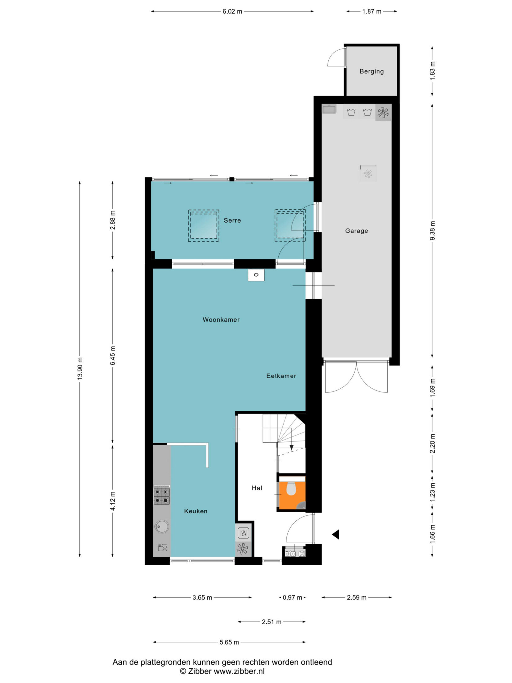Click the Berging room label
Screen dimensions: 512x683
click(371, 71)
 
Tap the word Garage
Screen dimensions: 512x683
click(357, 231)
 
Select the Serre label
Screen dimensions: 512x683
click(232, 220)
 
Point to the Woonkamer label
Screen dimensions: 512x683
click(221, 319)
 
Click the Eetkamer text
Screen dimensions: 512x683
click(281, 376)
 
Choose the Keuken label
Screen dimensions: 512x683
click(195, 511)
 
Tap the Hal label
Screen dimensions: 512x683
click(257, 488)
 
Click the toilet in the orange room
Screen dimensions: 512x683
click(291, 489)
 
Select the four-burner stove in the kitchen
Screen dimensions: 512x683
click(162, 496)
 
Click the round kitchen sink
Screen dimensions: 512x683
click(162, 527)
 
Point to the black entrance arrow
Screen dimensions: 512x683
click(335, 535)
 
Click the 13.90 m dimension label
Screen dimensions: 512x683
click(80, 369)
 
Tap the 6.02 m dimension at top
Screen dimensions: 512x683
click(232, 11)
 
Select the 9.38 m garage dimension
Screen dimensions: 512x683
click(433, 230)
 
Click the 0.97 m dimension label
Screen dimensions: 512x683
click(292, 598)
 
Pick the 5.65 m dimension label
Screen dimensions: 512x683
click(229, 642)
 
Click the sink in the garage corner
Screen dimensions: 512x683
click(329, 109)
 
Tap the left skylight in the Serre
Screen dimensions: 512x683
click(204, 226)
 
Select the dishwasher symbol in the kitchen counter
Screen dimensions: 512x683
click(162, 547)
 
